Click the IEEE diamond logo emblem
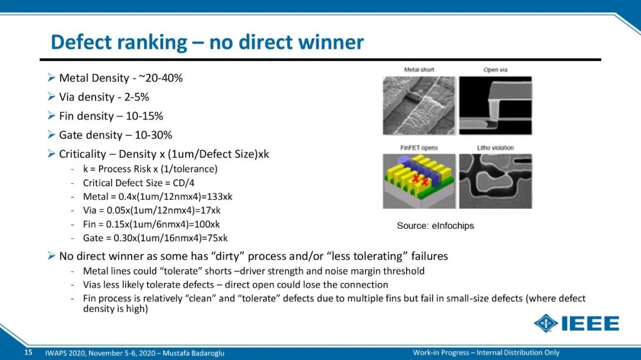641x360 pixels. tap(546, 323)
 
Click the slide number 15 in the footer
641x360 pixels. tap(28, 352)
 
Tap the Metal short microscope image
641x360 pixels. tap(419, 106)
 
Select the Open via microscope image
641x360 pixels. tap(496, 106)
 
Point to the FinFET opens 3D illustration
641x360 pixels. tap(419, 181)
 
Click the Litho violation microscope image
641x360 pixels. tap(496, 181)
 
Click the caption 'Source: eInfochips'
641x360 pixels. tap(436, 225)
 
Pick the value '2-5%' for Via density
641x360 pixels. tap(137, 97)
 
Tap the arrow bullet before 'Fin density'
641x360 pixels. tap(51, 116)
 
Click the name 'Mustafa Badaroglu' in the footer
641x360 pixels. tap(193, 353)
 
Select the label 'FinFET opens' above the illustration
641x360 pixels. tap(418, 148)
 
